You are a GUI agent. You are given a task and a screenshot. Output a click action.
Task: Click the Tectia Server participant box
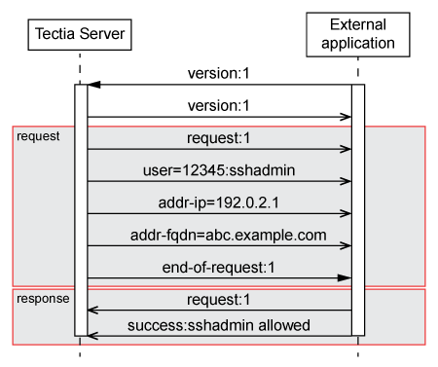81,35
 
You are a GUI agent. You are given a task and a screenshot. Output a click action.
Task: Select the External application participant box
357,33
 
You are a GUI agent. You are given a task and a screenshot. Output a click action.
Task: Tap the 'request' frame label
38,136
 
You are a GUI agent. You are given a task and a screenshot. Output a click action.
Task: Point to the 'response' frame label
43,298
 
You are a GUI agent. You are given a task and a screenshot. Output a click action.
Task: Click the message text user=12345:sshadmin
219,169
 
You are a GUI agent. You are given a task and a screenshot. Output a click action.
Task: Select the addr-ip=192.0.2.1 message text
219,202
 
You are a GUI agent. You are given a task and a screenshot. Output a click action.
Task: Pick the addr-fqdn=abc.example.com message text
219,235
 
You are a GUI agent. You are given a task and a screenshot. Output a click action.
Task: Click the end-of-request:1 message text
219,266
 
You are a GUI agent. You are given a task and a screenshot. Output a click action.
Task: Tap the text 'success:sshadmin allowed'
219,324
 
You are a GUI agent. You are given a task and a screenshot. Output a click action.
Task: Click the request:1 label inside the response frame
219,300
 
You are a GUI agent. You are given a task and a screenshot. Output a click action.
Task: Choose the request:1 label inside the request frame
219,138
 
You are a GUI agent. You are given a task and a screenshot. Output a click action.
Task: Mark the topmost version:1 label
219,74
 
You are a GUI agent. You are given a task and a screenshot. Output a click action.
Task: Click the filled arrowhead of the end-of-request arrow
345,278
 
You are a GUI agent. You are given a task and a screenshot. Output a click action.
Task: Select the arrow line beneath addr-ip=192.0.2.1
219,213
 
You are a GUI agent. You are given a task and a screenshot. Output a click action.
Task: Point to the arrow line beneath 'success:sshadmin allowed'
219,336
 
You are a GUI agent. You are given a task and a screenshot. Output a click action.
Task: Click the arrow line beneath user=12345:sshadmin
219,181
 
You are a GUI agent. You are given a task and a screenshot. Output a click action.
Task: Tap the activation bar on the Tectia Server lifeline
81,209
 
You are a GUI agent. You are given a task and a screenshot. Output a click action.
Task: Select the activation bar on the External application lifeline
358,209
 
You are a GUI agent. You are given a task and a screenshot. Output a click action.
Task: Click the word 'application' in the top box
357,43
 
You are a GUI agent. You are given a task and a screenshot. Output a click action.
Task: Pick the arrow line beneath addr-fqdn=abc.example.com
219,246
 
